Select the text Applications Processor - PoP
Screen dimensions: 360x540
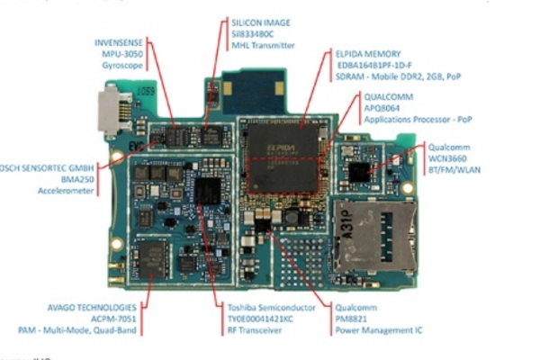click(417, 119)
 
